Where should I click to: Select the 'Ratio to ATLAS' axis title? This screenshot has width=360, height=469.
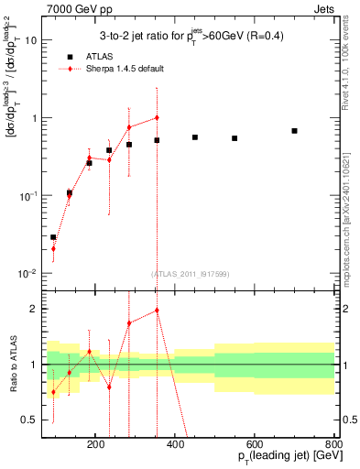pyautogui.click(x=25, y=365)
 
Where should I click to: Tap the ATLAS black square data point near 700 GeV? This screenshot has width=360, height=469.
pyautogui.click(x=294, y=131)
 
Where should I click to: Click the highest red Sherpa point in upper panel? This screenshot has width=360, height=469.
pyautogui.click(x=157, y=117)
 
